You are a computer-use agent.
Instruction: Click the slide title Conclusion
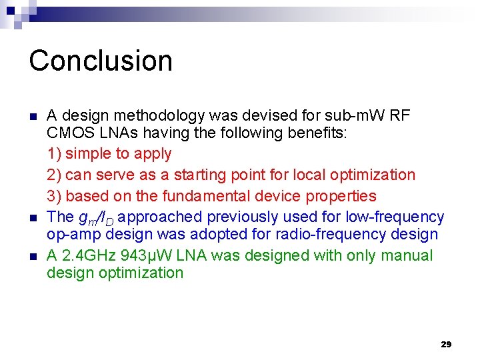[x=101, y=60]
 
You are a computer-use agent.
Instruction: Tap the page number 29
[x=446, y=344]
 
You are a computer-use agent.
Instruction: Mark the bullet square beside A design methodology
[x=33, y=116]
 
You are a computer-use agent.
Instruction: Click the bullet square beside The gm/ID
[x=33, y=217]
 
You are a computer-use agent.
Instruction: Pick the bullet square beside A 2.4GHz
[x=33, y=256]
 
